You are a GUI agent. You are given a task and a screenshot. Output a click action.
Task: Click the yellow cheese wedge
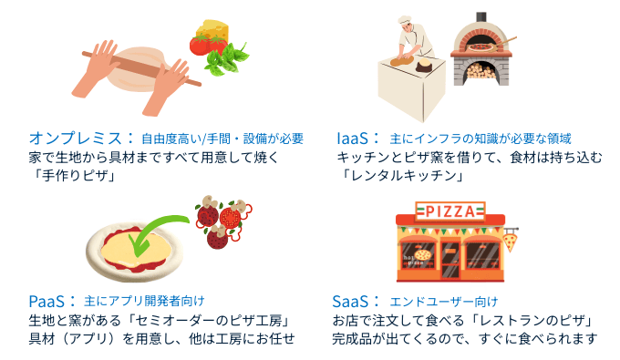click(214, 34)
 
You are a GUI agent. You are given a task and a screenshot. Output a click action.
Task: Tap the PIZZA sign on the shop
click(450, 212)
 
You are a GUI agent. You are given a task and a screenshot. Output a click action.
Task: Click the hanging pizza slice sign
click(511, 242)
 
